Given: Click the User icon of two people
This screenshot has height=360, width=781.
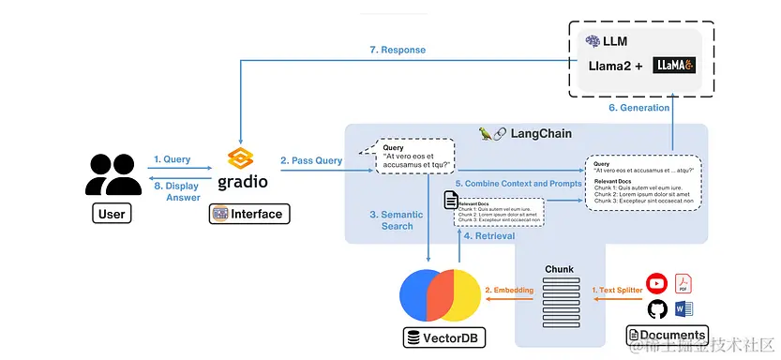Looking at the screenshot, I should coord(112,175).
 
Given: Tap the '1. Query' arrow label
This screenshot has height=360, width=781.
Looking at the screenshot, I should coord(172,159).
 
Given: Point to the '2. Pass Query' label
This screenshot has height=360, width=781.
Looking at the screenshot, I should coord(312,160).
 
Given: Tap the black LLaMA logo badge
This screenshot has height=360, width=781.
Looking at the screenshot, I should coord(673,66).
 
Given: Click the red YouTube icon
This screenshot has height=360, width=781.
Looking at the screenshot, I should coord(656,282).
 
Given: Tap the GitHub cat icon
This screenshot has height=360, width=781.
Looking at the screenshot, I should coord(656,309).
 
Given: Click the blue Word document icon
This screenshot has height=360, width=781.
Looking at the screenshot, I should coord(684,308).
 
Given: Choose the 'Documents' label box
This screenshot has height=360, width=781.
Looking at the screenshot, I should coord(667,335).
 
